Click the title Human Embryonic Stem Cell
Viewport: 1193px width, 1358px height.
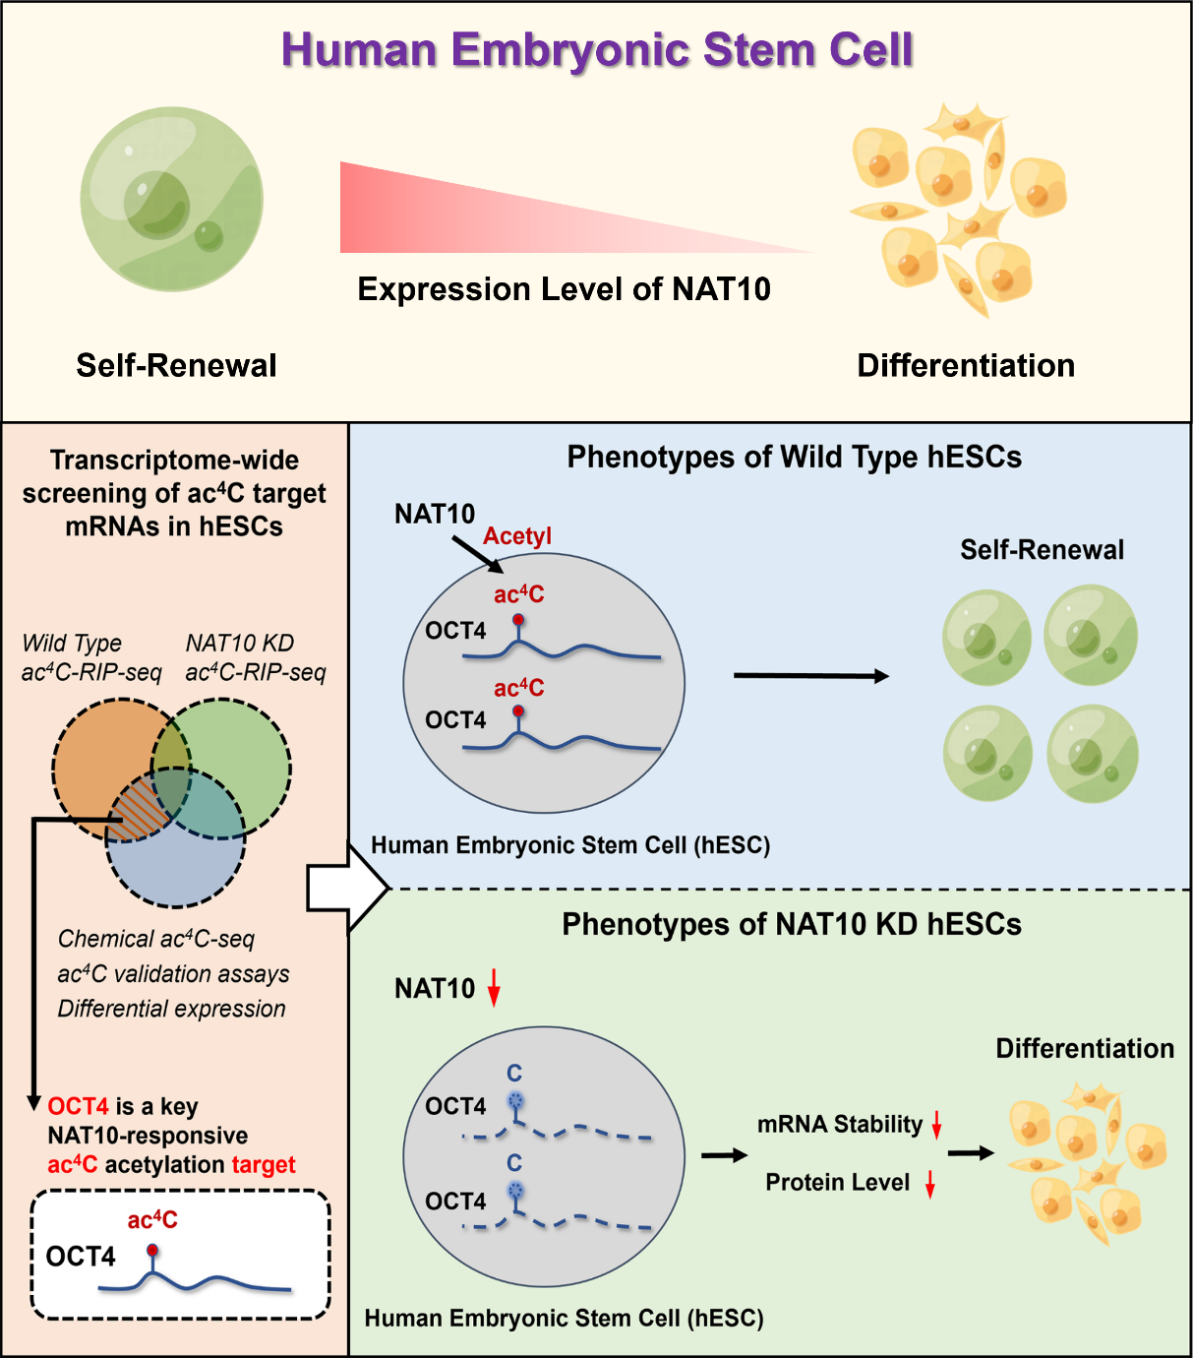(597, 50)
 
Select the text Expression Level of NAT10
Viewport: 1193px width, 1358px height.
(564, 289)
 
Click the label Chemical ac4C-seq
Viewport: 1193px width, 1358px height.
(156, 939)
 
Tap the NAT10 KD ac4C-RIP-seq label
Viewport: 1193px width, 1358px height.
(255, 657)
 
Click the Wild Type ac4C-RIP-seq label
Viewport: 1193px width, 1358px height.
(90, 657)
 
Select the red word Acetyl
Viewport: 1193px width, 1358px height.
(517, 536)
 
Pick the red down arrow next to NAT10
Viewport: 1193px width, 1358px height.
(494, 987)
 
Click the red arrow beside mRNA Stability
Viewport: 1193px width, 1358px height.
(937, 1124)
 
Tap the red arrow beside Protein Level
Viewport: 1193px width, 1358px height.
(929, 1183)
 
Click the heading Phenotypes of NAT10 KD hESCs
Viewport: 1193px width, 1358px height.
(791, 925)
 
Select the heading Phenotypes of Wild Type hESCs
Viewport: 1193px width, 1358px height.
(794, 458)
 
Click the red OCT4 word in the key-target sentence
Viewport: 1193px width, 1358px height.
(78, 1107)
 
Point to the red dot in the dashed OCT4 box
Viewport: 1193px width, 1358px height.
(151, 1251)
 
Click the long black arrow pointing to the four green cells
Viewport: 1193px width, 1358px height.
(810, 676)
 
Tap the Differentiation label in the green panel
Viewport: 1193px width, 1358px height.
(1084, 1049)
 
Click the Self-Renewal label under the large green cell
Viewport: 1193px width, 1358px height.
(176, 366)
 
